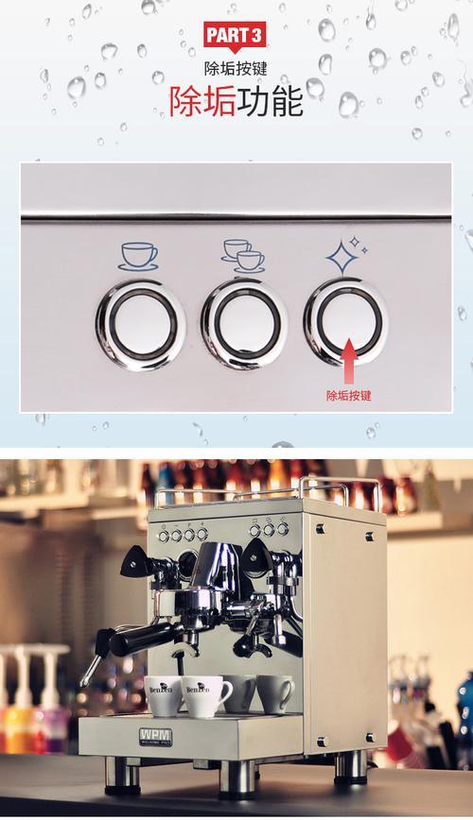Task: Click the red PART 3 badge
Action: point(235,37)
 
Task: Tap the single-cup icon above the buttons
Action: point(138,257)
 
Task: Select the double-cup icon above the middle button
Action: point(242,256)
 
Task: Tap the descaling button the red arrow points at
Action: point(345,320)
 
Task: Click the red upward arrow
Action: point(349,361)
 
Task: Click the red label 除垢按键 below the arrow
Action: point(348,395)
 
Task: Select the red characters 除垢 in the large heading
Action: point(202,100)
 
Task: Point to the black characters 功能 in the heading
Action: point(271,100)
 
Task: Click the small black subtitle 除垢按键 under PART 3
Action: point(236,69)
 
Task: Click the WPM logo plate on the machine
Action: point(155,736)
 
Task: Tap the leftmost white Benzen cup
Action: point(164,695)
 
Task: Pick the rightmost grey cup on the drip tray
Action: point(274,693)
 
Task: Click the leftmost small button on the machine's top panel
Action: point(164,536)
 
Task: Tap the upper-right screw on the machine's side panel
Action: point(370,536)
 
